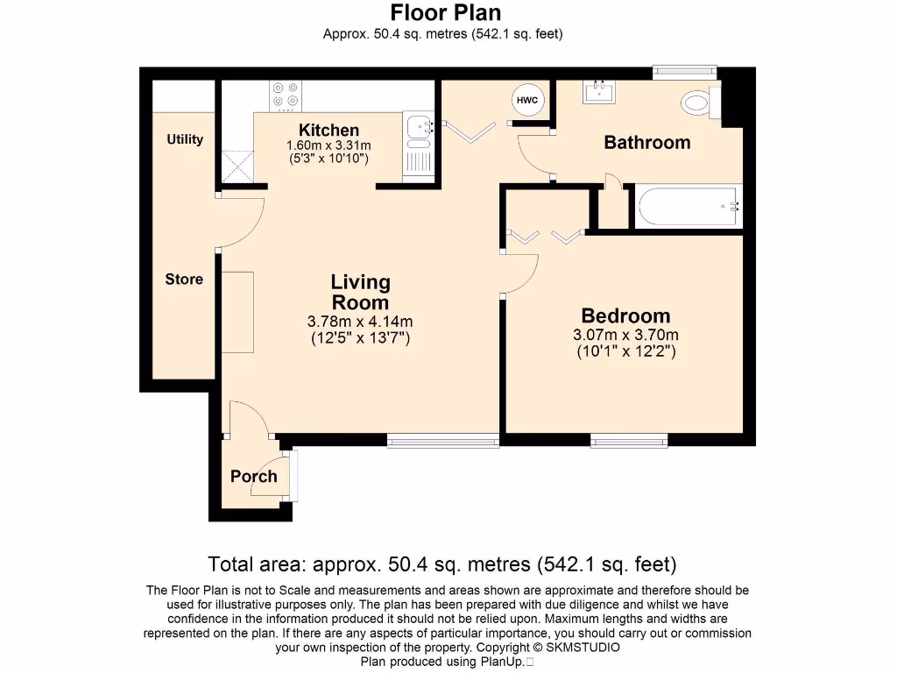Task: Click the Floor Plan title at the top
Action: point(445,13)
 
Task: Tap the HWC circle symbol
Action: point(526,101)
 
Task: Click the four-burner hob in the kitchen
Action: point(286,95)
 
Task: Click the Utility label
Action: point(185,139)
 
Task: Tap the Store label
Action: point(184,280)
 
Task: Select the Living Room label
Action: point(360,293)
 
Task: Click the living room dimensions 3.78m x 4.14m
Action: point(360,321)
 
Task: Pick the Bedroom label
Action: point(625,316)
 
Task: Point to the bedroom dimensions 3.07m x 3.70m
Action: point(625,335)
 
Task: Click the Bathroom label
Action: point(647,143)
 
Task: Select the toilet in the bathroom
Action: point(699,103)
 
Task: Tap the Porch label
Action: point(253,477)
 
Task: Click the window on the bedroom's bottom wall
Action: point(629,440)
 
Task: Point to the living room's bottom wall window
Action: point(443,440)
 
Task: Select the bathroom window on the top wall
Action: point(685,72)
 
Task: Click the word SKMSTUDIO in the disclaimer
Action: point(583,648)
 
